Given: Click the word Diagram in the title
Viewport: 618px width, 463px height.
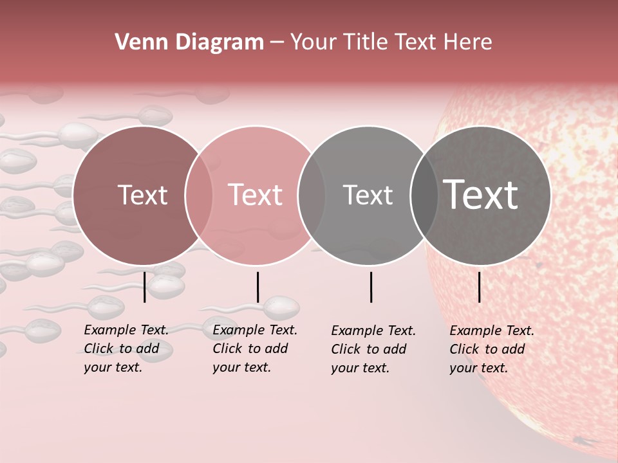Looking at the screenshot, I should coord(217,42).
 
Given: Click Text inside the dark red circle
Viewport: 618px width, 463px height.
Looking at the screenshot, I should coord(142,195).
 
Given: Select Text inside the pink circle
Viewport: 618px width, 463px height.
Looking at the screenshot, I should coord(256,195).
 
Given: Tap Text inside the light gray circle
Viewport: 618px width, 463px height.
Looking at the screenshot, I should coord(368,195).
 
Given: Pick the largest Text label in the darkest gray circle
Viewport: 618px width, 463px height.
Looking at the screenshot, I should coord(481,195).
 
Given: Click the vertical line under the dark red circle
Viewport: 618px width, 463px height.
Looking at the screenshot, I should coord(144,287).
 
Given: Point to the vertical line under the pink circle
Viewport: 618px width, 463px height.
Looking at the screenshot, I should coord(257,287).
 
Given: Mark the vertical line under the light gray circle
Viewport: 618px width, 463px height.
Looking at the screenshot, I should coord(371,287).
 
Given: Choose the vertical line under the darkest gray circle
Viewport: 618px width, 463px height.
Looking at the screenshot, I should coord(479,287).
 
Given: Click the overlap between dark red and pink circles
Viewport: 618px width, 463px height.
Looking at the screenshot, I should coord(199,195).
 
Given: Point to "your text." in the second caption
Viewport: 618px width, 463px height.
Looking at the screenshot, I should coord(241,367).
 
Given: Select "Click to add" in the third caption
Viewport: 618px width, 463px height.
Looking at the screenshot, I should coord(369,349).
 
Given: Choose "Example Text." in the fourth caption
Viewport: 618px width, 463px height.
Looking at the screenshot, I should coord(492,331).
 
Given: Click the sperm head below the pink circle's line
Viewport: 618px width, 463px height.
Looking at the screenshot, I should coord(281,307).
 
